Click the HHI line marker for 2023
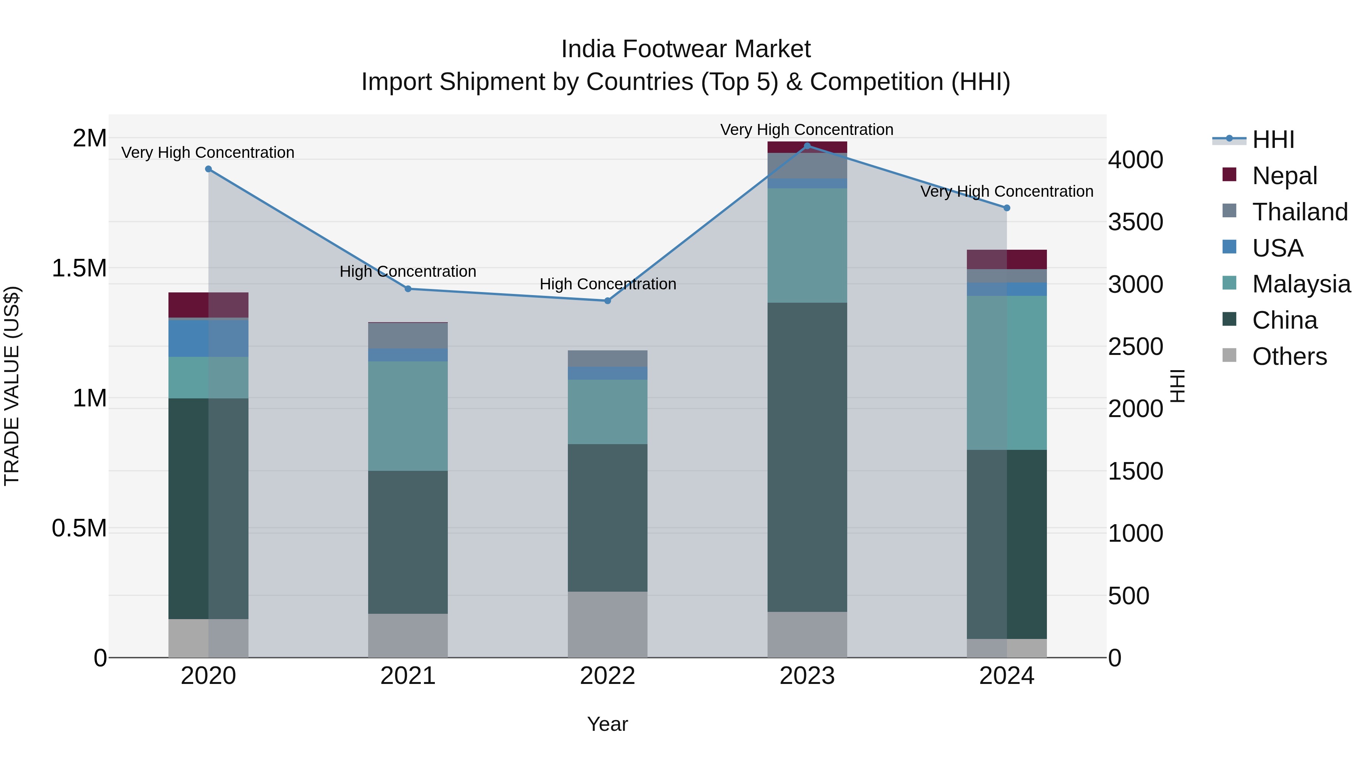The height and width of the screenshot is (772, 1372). (x=807, y=146)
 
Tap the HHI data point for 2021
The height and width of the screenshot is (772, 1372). (x=408, y=289)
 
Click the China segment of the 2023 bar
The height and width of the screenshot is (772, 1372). (x=807, y=457)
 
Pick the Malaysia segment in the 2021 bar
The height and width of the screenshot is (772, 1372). (x=408, y=416)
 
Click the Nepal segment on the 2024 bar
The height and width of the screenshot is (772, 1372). (x=1007, y=260)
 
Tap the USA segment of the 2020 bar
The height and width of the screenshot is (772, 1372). (x=208, y=338)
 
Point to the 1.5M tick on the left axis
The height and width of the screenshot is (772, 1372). (x=79, y=268)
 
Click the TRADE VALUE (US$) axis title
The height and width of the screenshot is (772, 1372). (x=12, y=386)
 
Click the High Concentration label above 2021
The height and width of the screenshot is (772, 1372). (x=408, y=271)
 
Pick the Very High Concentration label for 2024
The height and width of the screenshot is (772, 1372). (x=1007, y=191)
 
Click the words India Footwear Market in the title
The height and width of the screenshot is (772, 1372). (x=686, y=49)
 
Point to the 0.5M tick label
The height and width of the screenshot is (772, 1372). (x=79, y=528)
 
